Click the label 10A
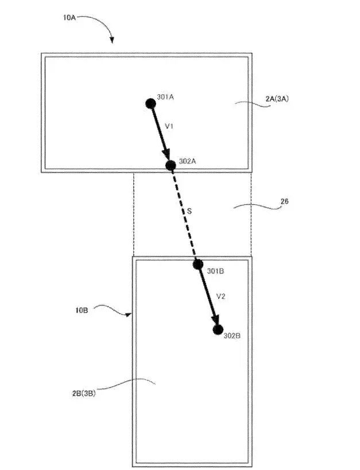tap(69, 17)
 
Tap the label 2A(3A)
tap(277, 99)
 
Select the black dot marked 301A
tap(150, 104)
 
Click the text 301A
tap(165, 97)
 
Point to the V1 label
tap(169, 126)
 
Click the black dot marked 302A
tap(171, 165)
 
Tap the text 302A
tap(188, 161)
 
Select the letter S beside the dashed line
tap(189, 211)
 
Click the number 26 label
tap(284, 201)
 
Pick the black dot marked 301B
tap(198, 265)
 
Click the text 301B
tap(215, 271)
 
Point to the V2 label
tap(221, 297)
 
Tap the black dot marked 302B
tap(218, 330)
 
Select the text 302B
tap(232, 336)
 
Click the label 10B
tap(82, 310)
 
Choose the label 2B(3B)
tap(84, 393)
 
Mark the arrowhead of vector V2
tap(215, 320)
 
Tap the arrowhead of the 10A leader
tap(112, 40)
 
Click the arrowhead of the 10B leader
tap(129, 314)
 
